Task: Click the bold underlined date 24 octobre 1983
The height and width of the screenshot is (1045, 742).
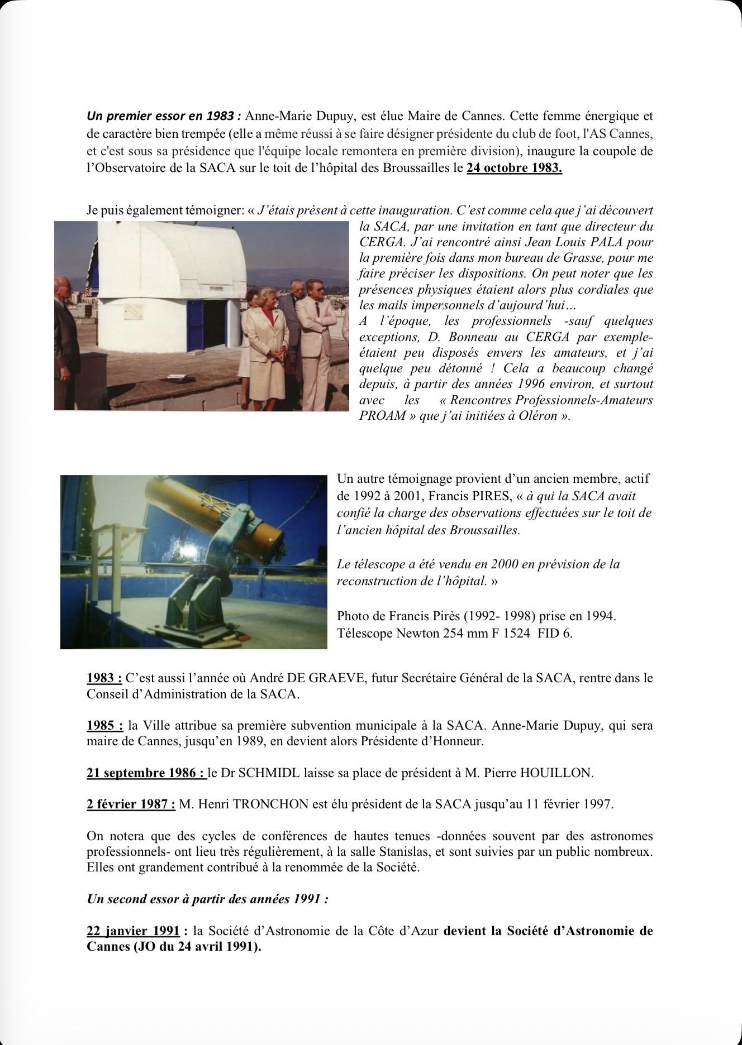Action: click(x=514, y=168)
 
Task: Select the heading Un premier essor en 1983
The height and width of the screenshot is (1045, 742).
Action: click(x=163, y=117)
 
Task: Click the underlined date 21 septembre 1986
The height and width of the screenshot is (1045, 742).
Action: click(x=146, y=773)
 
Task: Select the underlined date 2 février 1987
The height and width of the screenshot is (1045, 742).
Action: click(x=131, y=804)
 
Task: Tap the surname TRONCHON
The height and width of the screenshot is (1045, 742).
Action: click(x=254, y=804)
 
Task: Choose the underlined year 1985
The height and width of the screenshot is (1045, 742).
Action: click(x=104, y=726)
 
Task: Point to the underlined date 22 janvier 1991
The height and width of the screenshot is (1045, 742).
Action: click(x=133, y=931)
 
